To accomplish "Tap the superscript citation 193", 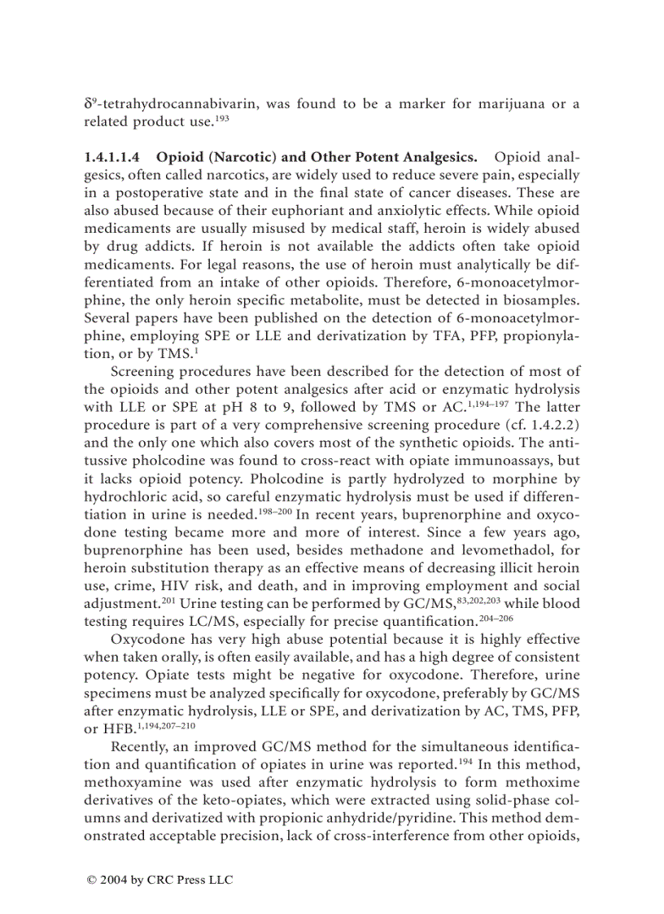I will pos(221,117).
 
